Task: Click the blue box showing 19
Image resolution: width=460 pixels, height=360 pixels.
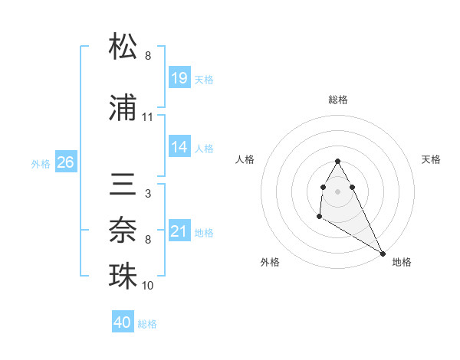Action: click(x=179, y=78)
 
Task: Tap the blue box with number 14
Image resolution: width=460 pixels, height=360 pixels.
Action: click(x=179, y=147)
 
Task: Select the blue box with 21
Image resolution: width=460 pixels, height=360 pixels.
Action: click(x=179, y=231)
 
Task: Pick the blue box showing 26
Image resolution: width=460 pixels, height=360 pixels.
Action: click(x=65, y=162)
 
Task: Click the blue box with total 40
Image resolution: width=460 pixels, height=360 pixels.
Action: click(x=123, y=322)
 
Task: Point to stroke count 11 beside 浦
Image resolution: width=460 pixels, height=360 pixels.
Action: click(x=148, y=117)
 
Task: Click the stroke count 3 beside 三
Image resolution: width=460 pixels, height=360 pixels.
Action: click(x=147, y=194)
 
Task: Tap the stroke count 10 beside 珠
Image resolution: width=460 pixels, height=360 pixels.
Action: click(x=148, y=286)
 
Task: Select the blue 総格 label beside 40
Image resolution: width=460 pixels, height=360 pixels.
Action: click(x=147, y=324)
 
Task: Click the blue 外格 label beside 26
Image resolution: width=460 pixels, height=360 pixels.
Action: click(x=41, y=163)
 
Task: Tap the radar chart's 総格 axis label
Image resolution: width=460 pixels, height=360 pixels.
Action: click(x=338, y=100)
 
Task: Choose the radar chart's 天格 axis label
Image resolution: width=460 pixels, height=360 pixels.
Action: click(x=432, y=159)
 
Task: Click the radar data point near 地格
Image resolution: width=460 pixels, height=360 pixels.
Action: click(x=383, y=254)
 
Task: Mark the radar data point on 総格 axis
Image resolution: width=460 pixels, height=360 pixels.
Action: click(x=338, y=161)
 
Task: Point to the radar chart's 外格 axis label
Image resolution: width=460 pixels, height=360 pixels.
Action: click(x=270, y=262)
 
